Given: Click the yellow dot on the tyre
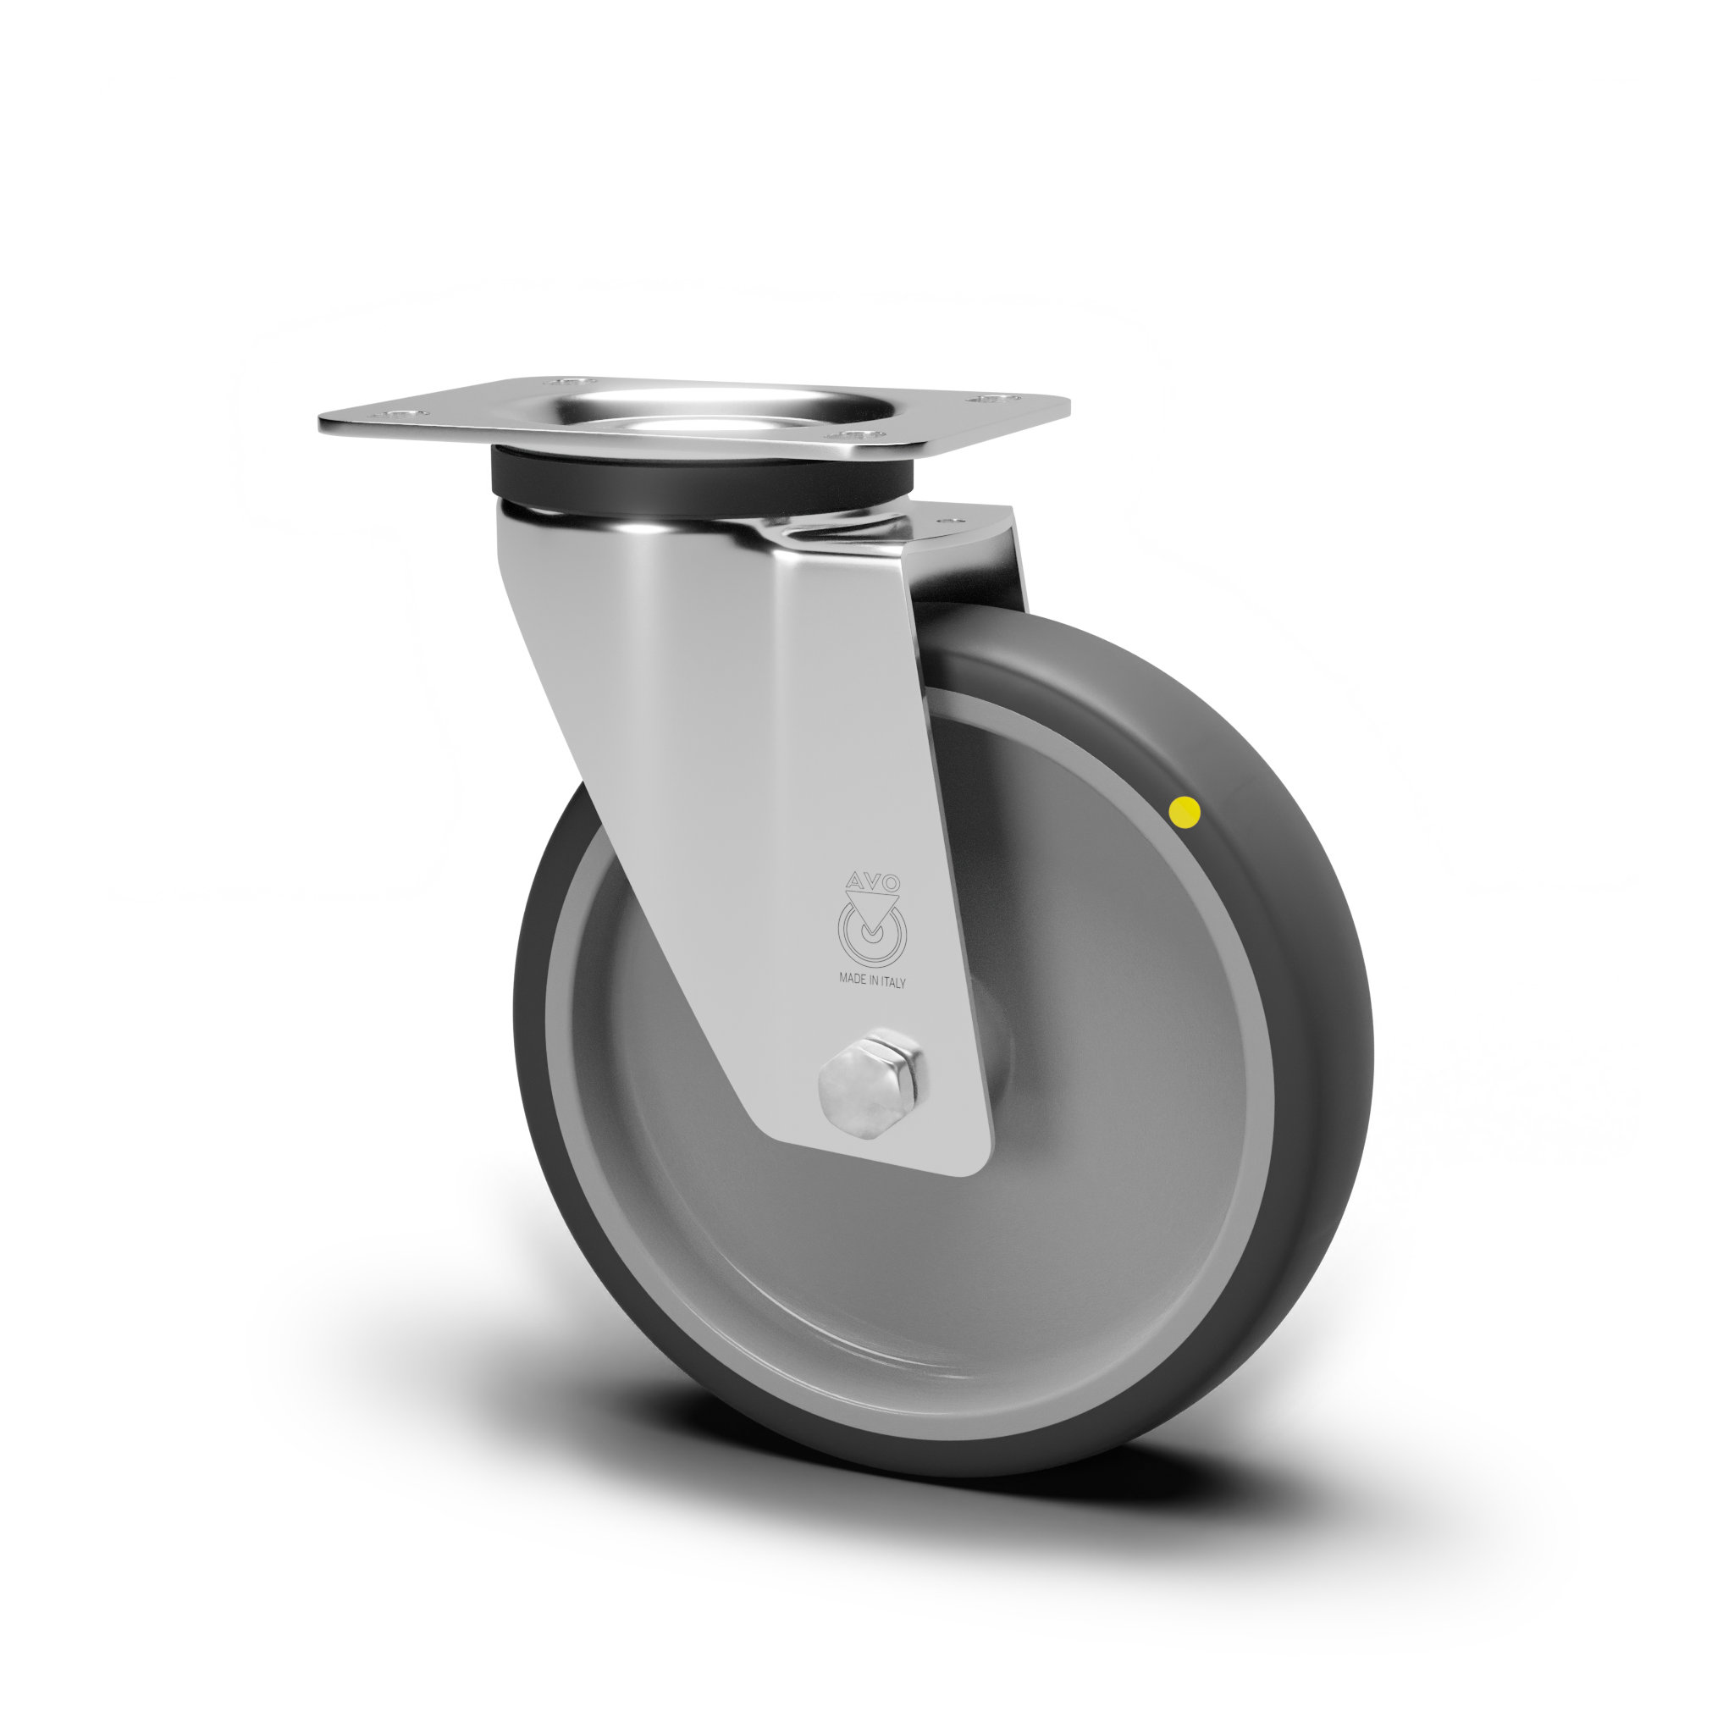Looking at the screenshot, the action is click(x=1185, y=812).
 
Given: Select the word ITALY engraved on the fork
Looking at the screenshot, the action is click(x=894, y=983).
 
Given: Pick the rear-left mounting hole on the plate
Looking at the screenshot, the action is click(x=566, y=382).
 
